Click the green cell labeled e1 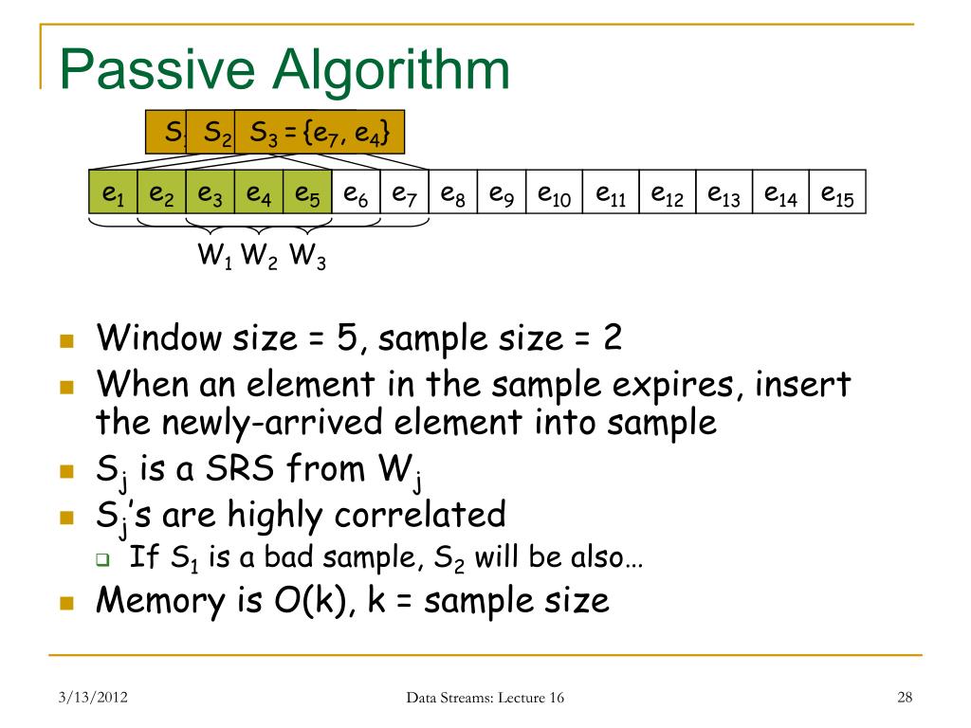(x=113, y=193)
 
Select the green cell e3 (x=210, y=193)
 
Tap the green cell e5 (x=307, y=193)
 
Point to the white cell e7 (x=404, y=193)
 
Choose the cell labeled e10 (x=553, y=193)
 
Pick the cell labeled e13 (x=724, y=193)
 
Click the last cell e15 (x=837, y=193)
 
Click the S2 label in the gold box (x=217, y=133)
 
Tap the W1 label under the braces (x=214, y=255)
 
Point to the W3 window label (x=307, y=255)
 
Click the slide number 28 (x=904, y=699)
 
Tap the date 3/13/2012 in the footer (x=91, y=699)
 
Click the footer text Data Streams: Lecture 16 (x=485, y=699)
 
